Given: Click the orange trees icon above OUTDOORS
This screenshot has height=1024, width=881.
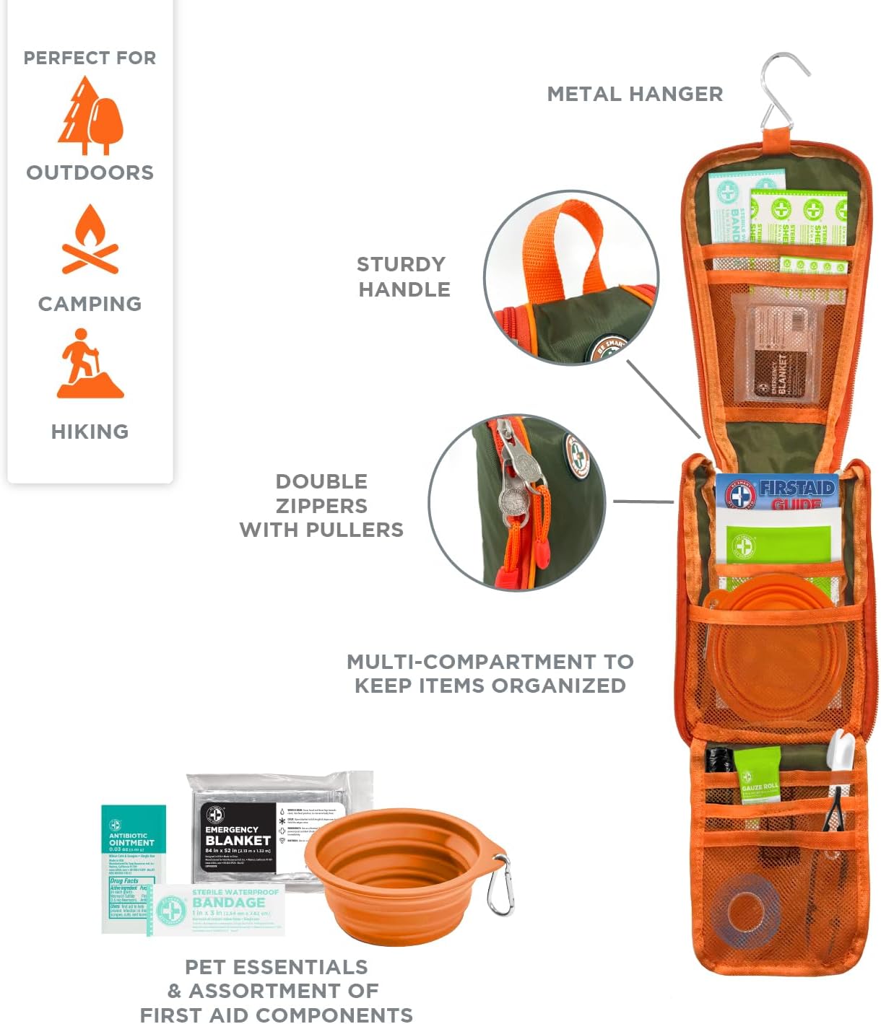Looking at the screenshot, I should (90, 117).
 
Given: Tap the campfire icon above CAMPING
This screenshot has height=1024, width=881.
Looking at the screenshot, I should (90, 240).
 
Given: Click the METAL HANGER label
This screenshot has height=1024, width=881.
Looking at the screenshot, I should (635, 94).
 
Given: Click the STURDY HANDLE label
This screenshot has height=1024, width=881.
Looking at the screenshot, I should (404, 276).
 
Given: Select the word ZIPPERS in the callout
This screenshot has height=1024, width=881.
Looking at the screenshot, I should (321, 505).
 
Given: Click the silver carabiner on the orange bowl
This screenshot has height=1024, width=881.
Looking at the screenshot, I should (500, 884).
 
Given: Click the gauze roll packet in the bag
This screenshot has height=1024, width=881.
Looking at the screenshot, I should (758, 776).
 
